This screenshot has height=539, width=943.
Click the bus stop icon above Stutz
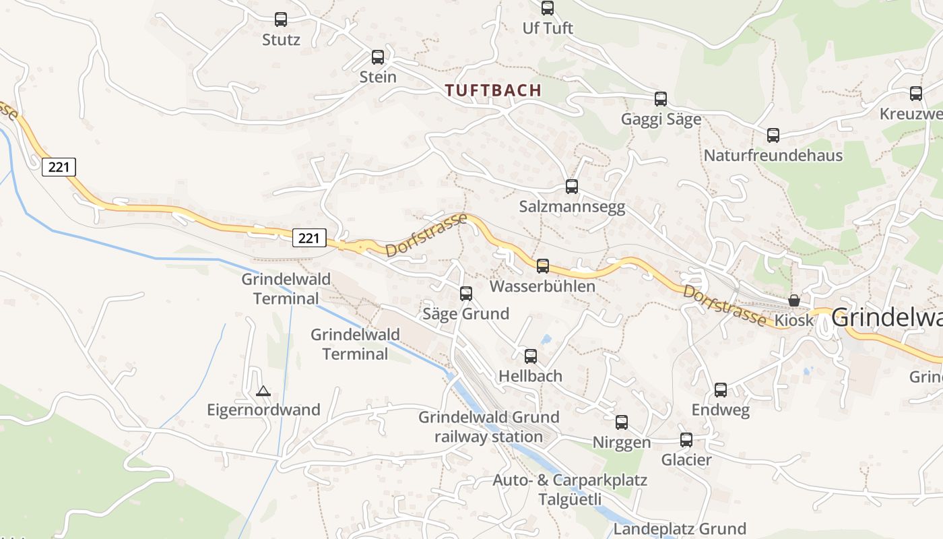(281, 20)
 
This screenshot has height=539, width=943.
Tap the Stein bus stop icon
(378, 57)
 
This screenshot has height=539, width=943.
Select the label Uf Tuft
(548, 28)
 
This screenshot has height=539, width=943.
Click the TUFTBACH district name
(493, 90)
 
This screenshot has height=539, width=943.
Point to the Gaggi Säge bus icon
(661, 99)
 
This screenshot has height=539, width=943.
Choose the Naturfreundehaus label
(773, 156)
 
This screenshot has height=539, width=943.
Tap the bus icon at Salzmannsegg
(572, 187)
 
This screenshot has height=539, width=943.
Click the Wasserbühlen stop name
(542, 286)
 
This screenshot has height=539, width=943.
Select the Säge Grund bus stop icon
(466, 294)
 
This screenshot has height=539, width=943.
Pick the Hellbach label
(530, 376)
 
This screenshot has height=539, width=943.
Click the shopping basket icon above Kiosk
(794, 300)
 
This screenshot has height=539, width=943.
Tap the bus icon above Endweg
(721, 390)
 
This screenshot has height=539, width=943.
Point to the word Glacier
(686, 460)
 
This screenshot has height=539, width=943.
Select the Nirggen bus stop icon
(622, 422)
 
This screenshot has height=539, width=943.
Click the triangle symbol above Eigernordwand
(263, 391)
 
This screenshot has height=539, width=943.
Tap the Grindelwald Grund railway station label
(489, 427)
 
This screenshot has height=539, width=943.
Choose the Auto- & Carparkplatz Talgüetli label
(570, 490)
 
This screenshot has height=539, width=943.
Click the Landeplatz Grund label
(680, 529)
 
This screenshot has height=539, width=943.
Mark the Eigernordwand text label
(263, 410)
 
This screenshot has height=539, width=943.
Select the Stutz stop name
(281, 40)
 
